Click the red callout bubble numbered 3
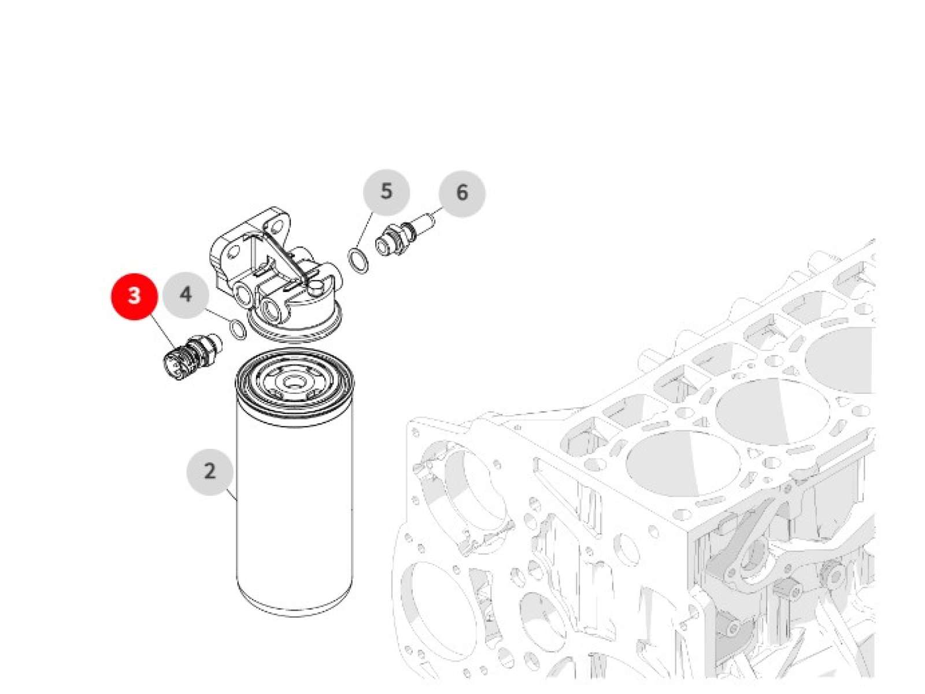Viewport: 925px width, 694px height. pos(134,296)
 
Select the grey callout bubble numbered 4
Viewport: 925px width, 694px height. pos(186,294)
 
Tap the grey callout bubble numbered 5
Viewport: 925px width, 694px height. pos(386,192)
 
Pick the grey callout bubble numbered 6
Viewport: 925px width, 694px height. pos(462,193)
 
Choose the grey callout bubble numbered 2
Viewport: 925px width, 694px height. pos(210,471)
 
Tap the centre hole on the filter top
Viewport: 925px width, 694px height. pos(291,382)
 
